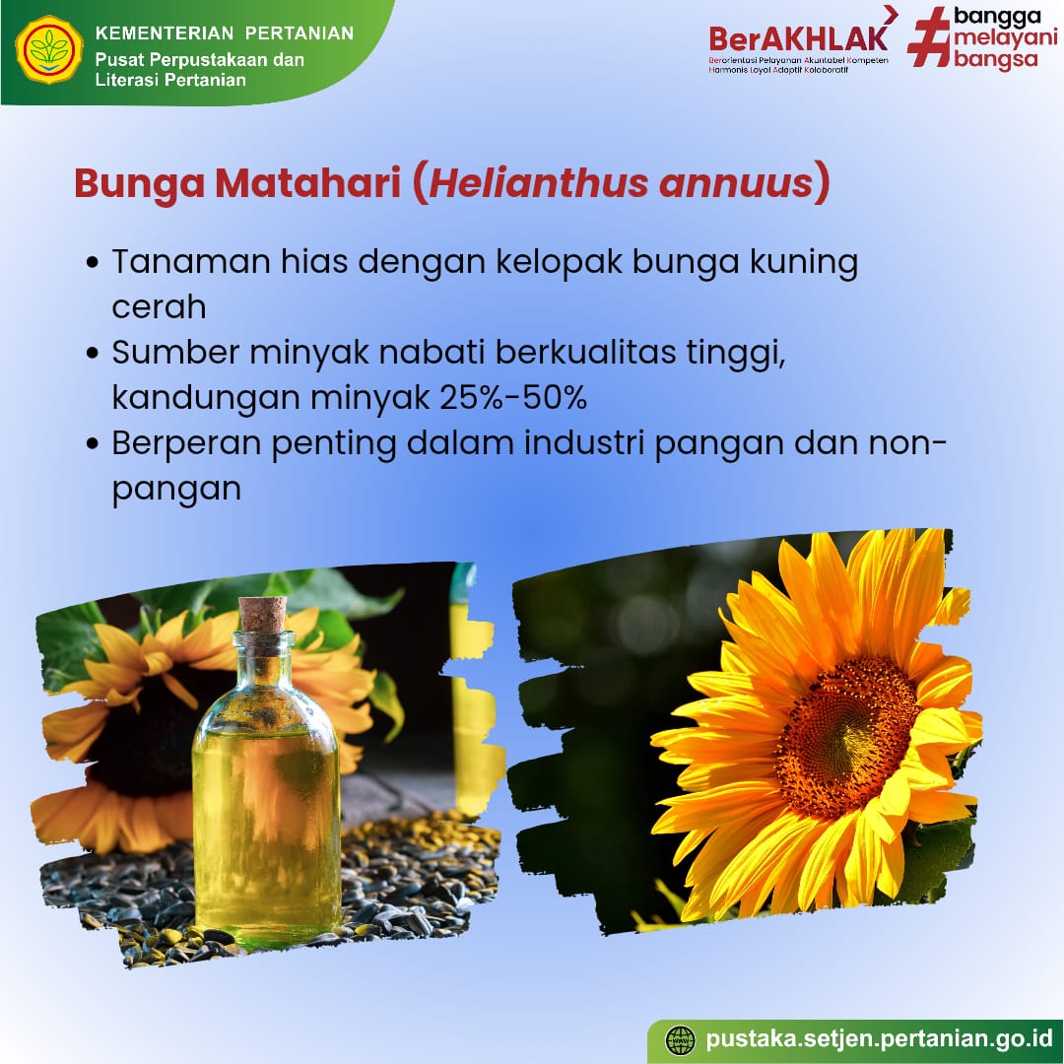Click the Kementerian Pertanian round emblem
(x=49, y=50)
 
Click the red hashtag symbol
(x=930, y=37)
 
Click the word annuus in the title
(x=736, y=184)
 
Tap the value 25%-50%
(x=513, y=397)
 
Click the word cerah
(x=159, y=307)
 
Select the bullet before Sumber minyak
(x=93, y=355)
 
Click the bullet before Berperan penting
(x=93, y=444)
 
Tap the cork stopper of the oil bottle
(x=263, y=614)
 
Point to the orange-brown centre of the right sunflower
(x=845, y=736)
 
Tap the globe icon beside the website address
(x=680, y=1039)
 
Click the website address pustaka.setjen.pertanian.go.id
(x=878, y=1039)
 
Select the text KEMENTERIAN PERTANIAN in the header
(x=225, y=33)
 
